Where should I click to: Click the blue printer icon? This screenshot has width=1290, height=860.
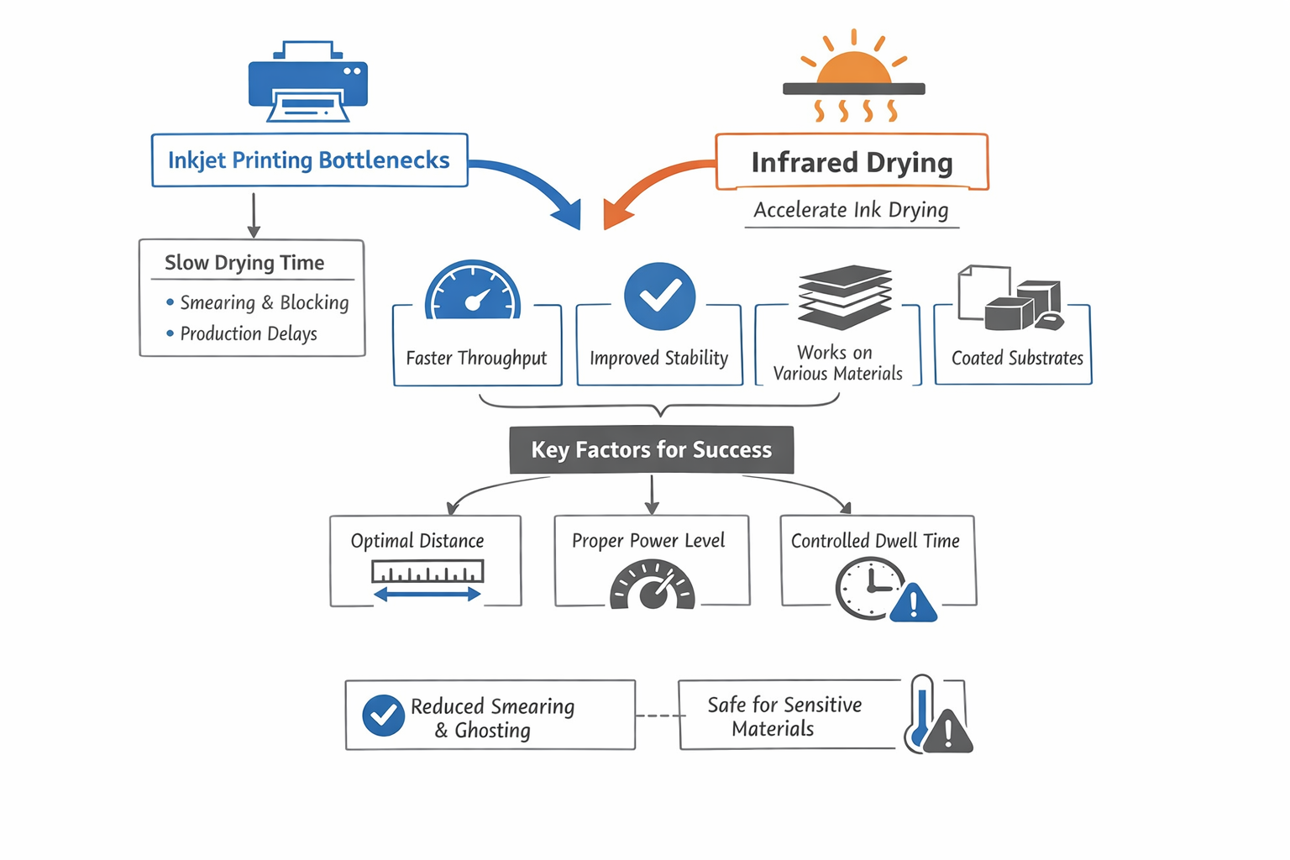(307, 82)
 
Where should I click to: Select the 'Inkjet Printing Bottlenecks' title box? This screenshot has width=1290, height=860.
(309, 160)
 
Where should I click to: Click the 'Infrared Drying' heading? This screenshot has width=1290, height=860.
(852, 162)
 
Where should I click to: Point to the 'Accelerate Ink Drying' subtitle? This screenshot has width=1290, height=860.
(851, 210)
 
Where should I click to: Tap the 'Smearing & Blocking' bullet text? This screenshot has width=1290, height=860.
(264, 302)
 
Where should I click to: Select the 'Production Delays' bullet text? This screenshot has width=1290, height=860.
(249, 333)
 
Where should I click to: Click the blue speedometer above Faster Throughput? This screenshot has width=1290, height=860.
(473, 291)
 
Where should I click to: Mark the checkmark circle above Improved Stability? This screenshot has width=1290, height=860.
(659, 296)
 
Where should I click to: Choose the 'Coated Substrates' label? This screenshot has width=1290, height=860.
(1017, 358)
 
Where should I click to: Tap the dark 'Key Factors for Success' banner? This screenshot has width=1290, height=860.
(651, 450)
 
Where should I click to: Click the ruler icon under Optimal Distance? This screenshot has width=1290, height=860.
(427, 573)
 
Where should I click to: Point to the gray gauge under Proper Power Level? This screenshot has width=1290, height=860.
(652, 586)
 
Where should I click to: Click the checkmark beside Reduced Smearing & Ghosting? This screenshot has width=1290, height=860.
(383, 716)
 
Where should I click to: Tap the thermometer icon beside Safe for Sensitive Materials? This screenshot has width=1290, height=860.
(922, 712)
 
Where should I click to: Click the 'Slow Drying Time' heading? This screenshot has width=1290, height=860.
(244, 263)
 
